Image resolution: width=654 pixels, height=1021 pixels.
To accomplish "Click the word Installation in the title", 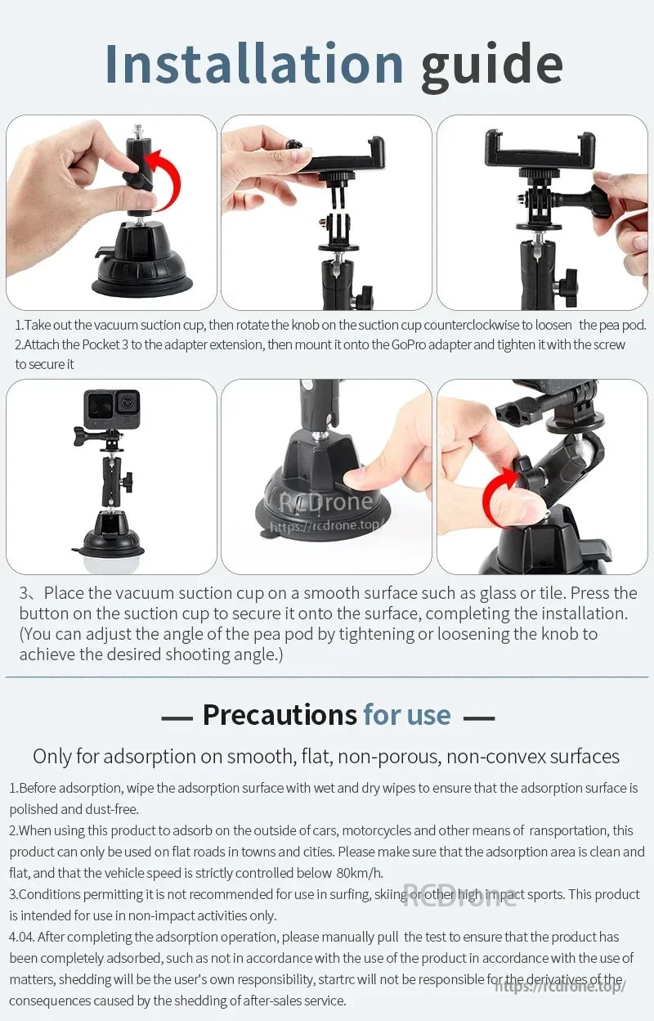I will (x=254, y=63).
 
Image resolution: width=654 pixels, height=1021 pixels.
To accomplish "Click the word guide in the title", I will (x=491, y=65).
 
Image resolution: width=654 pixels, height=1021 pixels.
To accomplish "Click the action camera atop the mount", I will (x=112, y=409).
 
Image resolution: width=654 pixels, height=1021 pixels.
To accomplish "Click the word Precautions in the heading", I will (x=279, y=715).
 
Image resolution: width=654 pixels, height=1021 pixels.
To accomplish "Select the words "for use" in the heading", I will (x=407, y=715).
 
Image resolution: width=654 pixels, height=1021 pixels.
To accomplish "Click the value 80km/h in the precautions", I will (x=360, y=873).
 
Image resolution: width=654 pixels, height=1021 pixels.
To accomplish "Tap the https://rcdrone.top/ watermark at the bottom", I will (x=560, y=986).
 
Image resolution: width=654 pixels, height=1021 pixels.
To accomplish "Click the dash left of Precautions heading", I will (x=177, y=717).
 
